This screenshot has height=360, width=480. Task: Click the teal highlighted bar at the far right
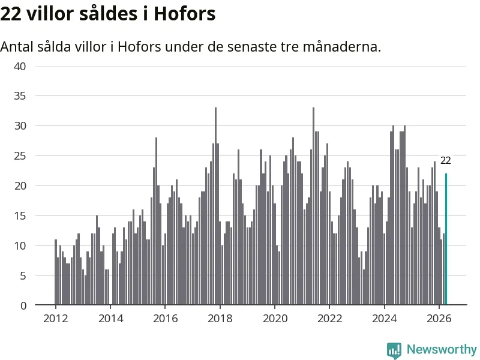point(446,239)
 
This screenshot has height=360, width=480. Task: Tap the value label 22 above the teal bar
point(445,160)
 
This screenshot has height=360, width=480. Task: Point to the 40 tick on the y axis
point(20,67)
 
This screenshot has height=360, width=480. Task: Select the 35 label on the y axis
point(20,96)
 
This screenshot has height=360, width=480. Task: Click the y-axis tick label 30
point(20,126)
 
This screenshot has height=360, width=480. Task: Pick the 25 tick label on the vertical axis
point(20,156)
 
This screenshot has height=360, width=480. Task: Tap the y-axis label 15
point(20,216)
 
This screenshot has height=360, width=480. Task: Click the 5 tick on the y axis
point(23,276)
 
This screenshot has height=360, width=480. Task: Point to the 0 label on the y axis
point(23,305)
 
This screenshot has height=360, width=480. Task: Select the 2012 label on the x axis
point(55,319)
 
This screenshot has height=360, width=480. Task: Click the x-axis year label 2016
point(166,319)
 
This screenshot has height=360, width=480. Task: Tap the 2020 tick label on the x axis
point(275,319)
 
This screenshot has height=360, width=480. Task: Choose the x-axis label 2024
point(384,319)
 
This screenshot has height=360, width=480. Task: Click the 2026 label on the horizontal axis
point(439,319)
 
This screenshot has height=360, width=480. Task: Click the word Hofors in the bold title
point(185,14)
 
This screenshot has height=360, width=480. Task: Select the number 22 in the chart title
point(11,14)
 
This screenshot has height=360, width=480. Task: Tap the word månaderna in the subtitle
point(342,47)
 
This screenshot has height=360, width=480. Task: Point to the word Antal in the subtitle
point(17,47)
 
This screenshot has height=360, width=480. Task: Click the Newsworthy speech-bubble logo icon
point(394,350)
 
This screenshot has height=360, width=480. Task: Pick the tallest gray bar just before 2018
point(215,206)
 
